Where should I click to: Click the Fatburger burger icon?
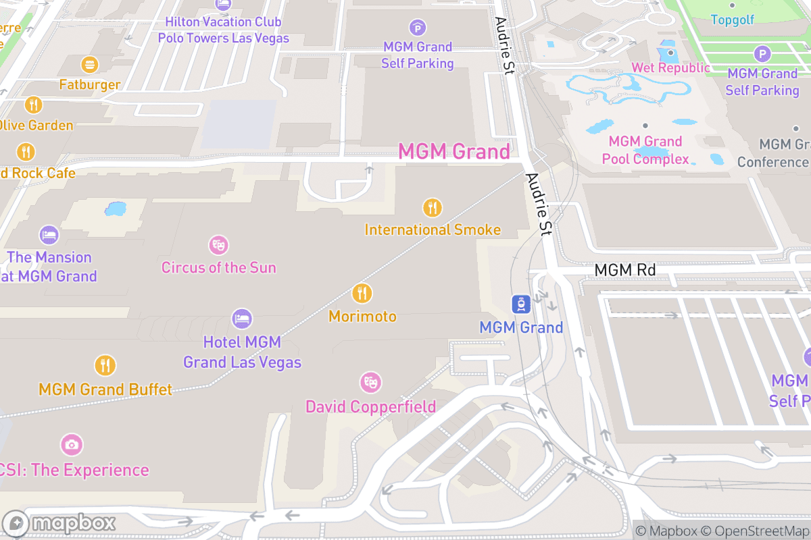point(89,65)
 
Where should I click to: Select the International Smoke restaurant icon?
point(432,207)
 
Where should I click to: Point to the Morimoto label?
point(362,316)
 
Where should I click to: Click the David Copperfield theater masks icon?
point(370,383)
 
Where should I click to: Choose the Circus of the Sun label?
point(218,267)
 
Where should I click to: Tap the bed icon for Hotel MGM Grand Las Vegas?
point(242,318)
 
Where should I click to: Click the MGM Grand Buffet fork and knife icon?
point(105,365)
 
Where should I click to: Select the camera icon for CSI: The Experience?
point(71,444)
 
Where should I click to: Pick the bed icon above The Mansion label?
point(49,235)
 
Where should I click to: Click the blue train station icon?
point(520,304)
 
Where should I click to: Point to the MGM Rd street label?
point(625,270)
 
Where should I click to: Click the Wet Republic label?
point(670,67)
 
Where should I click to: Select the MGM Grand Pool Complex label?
point(649,151)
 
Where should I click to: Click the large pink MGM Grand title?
point(454,151)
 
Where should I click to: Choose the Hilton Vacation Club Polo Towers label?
point(224,30)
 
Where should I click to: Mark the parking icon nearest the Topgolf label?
point(762,54)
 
